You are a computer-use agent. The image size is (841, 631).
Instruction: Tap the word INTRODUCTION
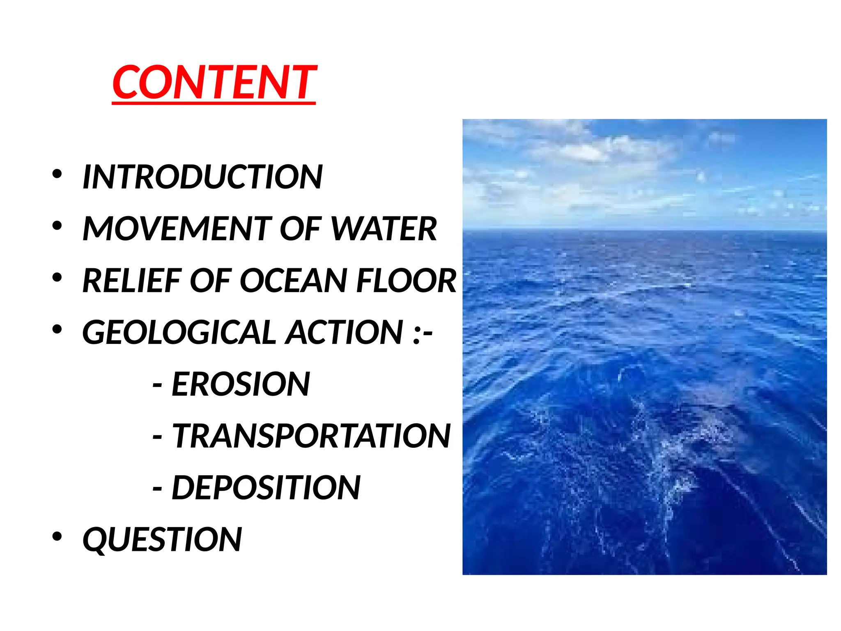point(202,177)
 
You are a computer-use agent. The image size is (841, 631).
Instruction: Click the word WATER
point(384,229)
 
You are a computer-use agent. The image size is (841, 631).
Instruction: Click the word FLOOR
point(406,281)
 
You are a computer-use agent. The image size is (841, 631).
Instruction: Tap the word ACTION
point(345,332)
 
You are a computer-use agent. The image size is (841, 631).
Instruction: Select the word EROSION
point(241,384)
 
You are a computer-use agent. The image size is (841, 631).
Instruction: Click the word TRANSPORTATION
point(311,436)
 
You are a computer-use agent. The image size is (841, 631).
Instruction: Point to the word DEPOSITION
point(266,488)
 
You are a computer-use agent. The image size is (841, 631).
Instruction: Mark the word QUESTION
point(162,539)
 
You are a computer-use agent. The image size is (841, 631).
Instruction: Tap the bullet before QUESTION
point(57,536)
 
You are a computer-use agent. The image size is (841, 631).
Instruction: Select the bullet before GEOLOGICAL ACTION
point(57,329)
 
